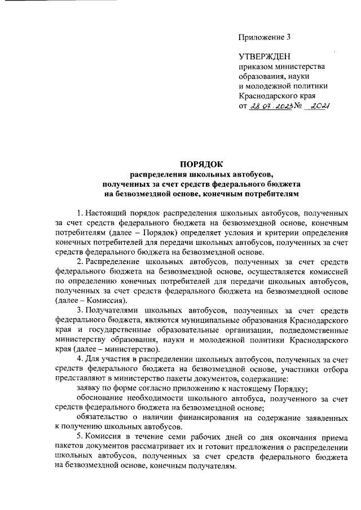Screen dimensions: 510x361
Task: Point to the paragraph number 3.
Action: point(78,310)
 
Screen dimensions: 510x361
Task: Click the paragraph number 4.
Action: point(78,358)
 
